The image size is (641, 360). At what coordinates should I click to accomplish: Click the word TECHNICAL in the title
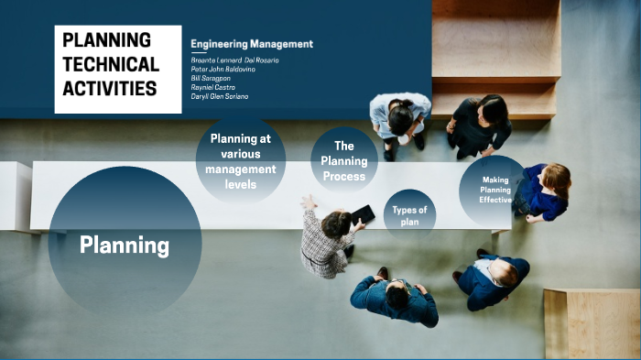pos(111,64)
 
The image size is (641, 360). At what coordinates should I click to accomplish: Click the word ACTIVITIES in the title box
pos(110,88)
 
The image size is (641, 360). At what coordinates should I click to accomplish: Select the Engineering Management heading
pos(252,44)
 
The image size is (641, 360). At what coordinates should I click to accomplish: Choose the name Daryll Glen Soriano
pos(220,96)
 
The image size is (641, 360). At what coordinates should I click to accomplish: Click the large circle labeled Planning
pos(125,245)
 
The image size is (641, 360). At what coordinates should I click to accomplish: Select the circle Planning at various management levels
pos(241,161)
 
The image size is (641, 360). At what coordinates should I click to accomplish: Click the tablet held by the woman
pos(363,214)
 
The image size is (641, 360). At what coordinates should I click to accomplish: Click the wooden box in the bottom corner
pos(591,323)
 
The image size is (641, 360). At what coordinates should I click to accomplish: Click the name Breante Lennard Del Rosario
pos(235,60)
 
